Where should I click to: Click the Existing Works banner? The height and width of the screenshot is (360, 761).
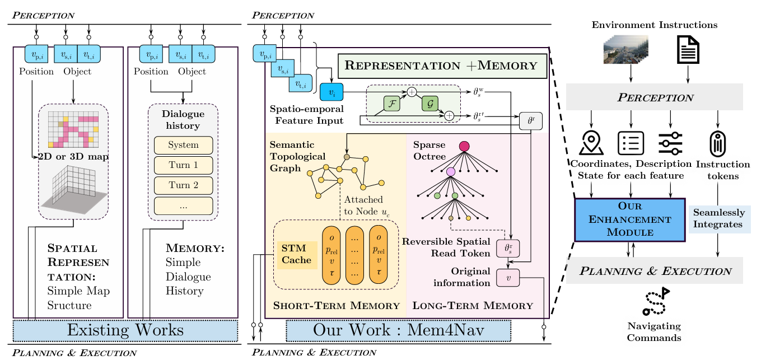(125, 330)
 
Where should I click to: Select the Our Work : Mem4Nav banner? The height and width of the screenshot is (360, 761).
(398, 330)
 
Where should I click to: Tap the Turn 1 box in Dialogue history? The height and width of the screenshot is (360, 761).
(183, 165)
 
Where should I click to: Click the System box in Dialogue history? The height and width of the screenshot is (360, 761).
(183, 145)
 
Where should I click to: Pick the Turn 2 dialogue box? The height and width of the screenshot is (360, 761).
(183, 185)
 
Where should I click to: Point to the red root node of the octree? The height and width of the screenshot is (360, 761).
(464, 147)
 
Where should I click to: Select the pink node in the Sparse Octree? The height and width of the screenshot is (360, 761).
(450, 171)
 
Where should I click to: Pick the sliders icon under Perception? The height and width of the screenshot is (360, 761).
(669, 143)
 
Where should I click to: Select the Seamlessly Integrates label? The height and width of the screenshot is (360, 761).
(719, 218)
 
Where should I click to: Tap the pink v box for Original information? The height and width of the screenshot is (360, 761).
(508, 277)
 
